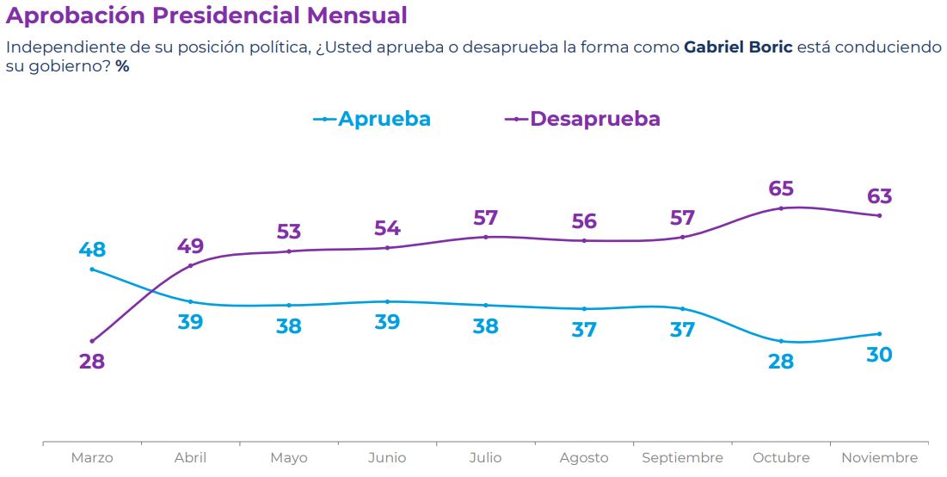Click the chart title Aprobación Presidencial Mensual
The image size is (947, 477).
pos(206,15)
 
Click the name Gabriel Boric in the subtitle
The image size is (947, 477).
pos(737,47)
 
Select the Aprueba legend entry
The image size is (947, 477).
pos(384,119)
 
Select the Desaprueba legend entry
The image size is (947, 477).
pos(595,119)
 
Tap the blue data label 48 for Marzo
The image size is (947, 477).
pos(92,251)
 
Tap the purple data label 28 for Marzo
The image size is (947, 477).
pos(92,362)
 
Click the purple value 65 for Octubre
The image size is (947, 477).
pos(781,189)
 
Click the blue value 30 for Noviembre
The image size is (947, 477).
pos(879,354)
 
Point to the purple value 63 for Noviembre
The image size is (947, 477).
pos(879,196)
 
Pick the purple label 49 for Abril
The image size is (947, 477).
pos(190,246)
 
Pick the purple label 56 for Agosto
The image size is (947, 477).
pos(584,221)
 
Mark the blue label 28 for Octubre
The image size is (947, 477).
pos(781,362)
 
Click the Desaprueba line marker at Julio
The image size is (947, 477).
pos(486,237)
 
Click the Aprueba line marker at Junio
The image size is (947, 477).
pos(387,301)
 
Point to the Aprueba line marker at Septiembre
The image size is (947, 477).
pos(682,308)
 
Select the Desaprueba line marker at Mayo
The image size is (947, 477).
pos(289,251)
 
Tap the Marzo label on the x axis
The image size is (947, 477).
pos(92,458)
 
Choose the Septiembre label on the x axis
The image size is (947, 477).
pos(682,458)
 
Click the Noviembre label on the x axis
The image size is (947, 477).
pos(879,458)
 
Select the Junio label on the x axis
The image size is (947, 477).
pos(387,458)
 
